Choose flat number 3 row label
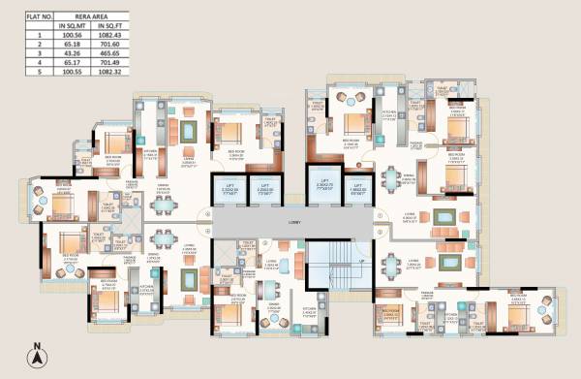click(x=14, y=53)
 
